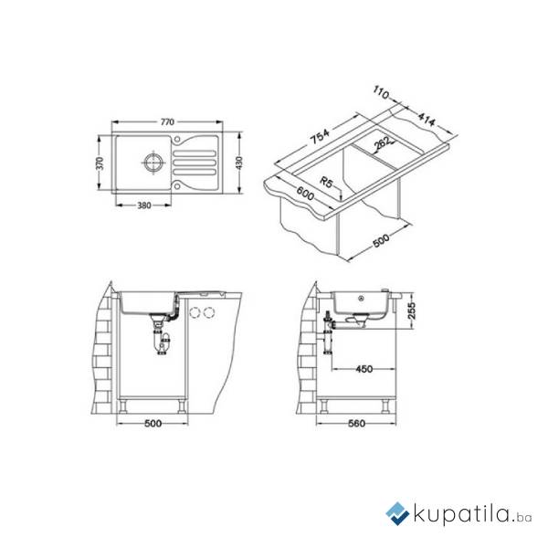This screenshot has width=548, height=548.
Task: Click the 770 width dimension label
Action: tap(167, 122)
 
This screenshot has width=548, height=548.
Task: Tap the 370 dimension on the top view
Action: tap(100, 163)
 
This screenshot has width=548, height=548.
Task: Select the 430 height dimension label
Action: tap(239, 163)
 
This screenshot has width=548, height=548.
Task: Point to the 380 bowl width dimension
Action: tap(144, 205)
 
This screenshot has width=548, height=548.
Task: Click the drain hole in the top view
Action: tap(153, 163)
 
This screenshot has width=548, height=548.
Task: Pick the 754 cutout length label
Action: tap(320, 136)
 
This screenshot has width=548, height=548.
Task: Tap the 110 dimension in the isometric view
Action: tap(381, 92)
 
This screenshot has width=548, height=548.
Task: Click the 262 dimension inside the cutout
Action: tap(382, 142)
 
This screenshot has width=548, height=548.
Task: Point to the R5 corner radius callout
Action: tap(326, 183)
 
